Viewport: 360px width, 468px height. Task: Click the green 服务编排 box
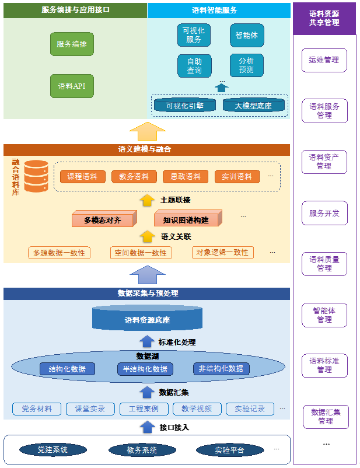72,44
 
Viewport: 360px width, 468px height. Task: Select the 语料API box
72,86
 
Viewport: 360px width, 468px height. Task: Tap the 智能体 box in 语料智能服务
246,35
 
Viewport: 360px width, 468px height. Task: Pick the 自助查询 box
194,66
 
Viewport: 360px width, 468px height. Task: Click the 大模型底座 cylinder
254,106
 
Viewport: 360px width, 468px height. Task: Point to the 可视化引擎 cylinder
185,106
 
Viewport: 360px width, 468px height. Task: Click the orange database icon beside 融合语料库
36,176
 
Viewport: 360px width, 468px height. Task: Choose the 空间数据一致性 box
141,253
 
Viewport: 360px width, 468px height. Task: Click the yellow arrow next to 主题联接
148,200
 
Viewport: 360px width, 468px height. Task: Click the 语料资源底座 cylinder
147,319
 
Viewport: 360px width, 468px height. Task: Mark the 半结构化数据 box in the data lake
145,369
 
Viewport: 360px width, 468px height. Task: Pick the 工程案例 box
144,409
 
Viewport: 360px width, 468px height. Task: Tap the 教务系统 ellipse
142,450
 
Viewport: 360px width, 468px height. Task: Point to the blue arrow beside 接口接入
147,427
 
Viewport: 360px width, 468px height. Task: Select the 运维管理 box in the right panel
324,60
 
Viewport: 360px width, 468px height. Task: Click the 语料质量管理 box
324,264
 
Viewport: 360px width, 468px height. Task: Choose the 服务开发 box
324,213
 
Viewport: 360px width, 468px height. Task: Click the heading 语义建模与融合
145,149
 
